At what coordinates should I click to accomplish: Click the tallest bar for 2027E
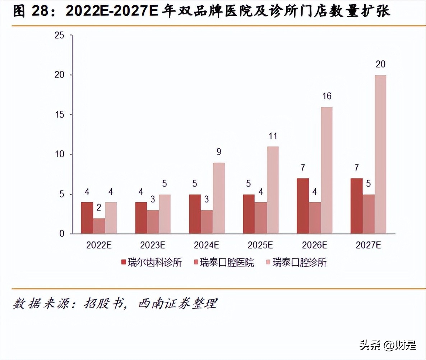tap(380, 154)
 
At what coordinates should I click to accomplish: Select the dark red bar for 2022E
tap(87, 218)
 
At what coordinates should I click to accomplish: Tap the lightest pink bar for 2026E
tap(327, 170)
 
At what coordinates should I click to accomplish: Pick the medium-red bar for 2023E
tap(153, 222)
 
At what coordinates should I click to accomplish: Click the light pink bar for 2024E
tap(219, 198)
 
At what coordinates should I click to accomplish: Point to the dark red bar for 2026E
tap(302, 206)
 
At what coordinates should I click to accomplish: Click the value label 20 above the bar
tap(380, 65)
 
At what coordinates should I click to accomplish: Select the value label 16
tap(327, 96)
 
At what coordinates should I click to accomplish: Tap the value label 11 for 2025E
tap(273, 136)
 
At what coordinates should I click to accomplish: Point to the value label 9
tap(219, 152)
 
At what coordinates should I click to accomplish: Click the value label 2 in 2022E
tap(99, 208)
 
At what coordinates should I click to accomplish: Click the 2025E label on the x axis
tap(260, 245)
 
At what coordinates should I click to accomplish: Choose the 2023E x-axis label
tap(153, 245)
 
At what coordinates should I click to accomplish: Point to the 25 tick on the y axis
tap(59, 35)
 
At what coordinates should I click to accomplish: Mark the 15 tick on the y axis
tap(59, 115)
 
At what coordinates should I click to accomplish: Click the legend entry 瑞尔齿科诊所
tap(152, 263)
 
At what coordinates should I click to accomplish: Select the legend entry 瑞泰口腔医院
tap(223, 263)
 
